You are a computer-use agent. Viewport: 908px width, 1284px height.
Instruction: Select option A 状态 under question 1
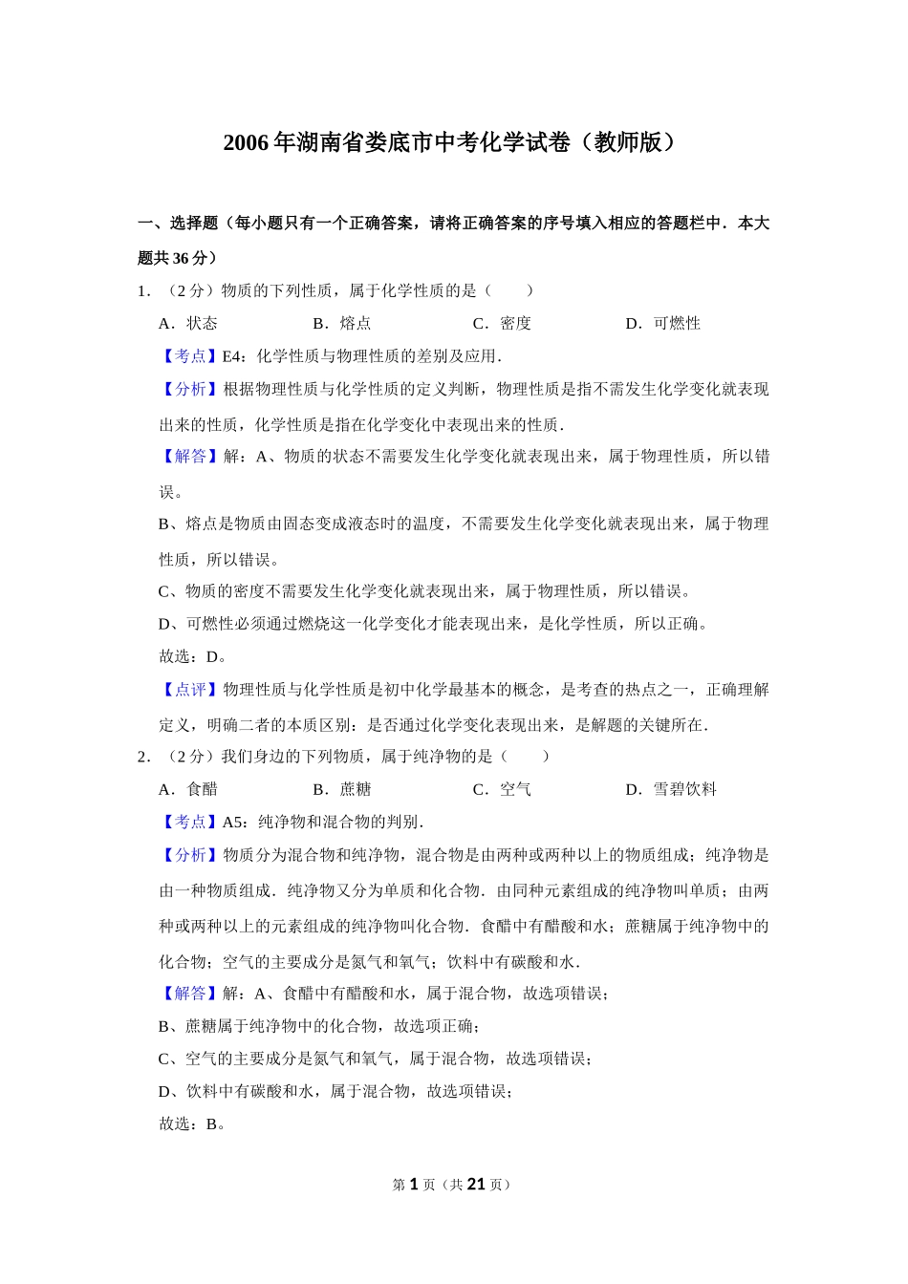point(188,323)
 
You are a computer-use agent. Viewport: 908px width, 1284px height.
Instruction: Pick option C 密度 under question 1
point(503,323)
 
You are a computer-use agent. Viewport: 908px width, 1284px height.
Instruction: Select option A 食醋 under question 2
point(188,789)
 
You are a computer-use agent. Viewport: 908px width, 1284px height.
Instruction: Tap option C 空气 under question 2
point(503,789)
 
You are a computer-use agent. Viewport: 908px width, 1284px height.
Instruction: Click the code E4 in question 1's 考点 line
point(232,356)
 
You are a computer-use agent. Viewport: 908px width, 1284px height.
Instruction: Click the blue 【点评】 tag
point(190,690)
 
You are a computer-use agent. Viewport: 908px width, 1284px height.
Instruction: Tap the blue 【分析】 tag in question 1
point(190,389)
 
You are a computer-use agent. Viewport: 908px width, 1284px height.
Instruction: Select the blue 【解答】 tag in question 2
point(190,994)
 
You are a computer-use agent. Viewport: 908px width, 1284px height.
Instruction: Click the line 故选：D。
point(192,656)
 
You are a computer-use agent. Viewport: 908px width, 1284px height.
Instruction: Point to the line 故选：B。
point(192,1123)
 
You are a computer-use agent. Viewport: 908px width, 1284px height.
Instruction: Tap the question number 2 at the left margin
point(142,757)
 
